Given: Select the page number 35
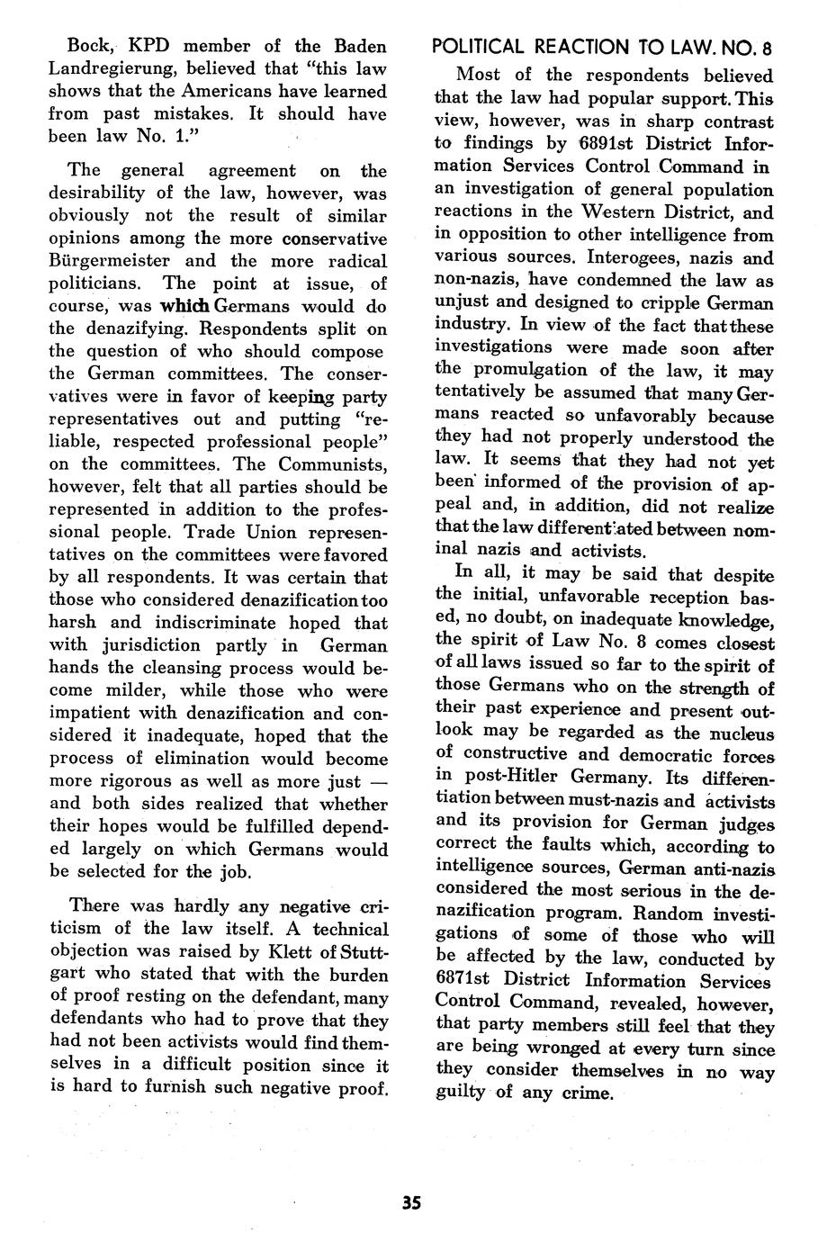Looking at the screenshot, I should [x=413, y=1202].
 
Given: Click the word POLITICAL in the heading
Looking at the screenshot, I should [x=486, y=47].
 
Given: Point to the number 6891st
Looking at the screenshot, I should [x=585, y=144].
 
